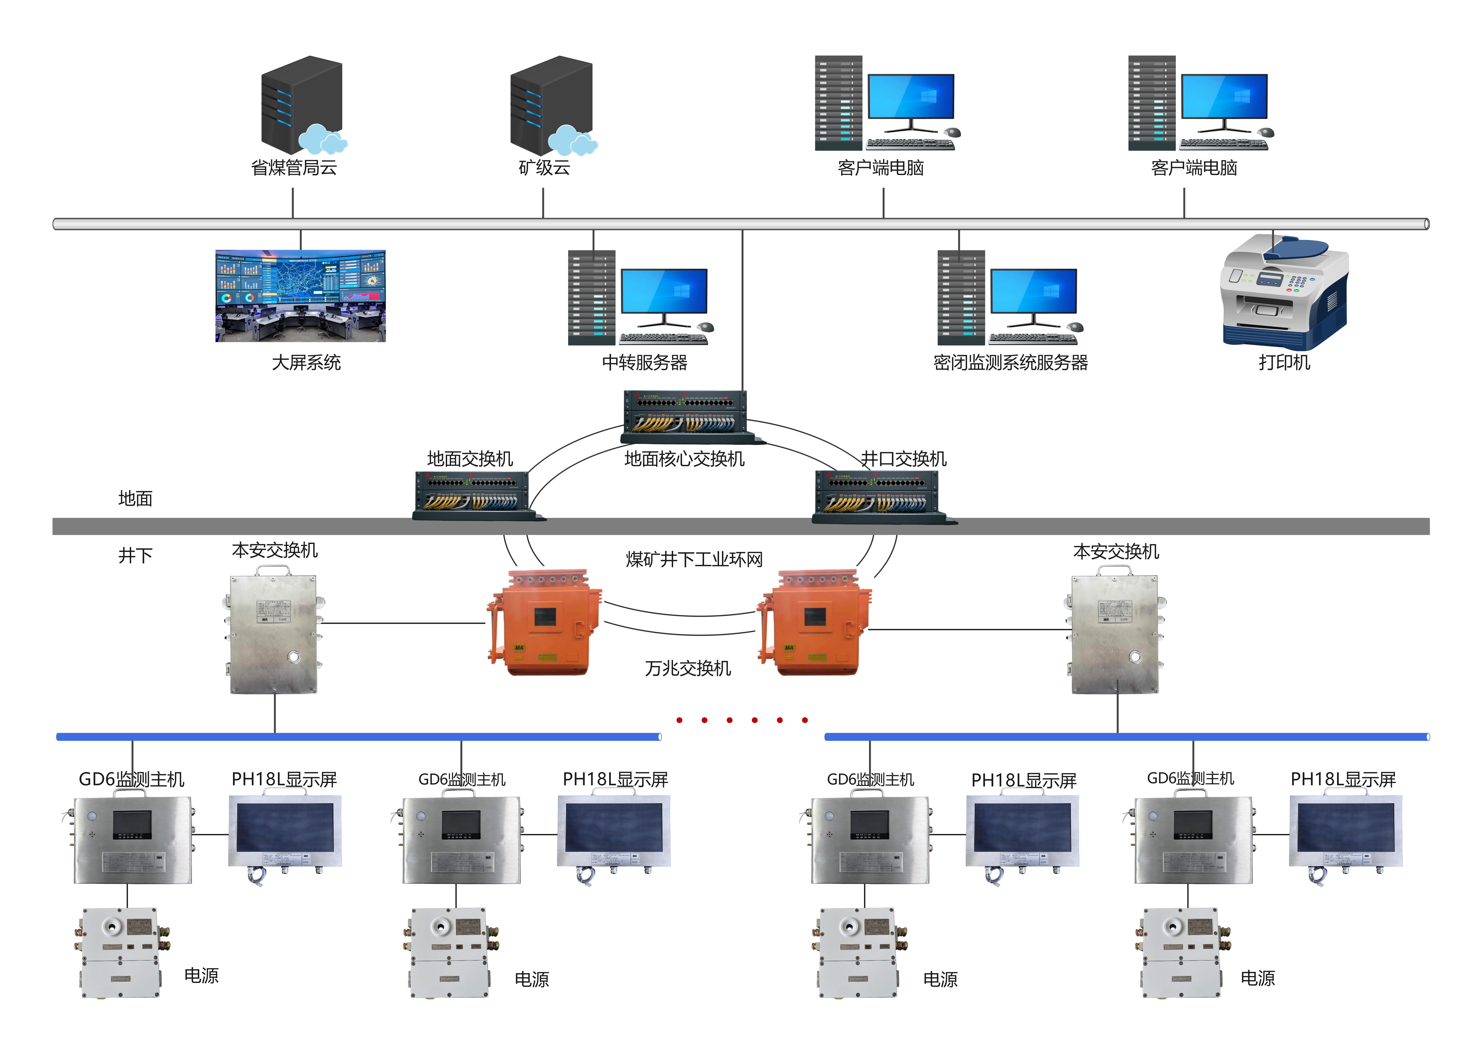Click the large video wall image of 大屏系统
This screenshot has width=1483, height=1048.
click(300, 296)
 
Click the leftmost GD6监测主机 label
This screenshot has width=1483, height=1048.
click(131, 779)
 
